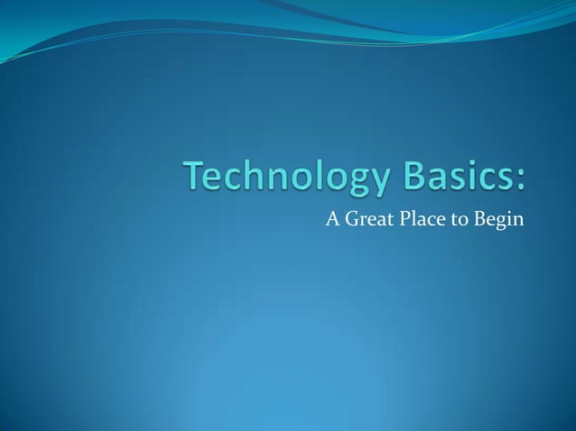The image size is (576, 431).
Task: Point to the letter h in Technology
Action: coord(254,177)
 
